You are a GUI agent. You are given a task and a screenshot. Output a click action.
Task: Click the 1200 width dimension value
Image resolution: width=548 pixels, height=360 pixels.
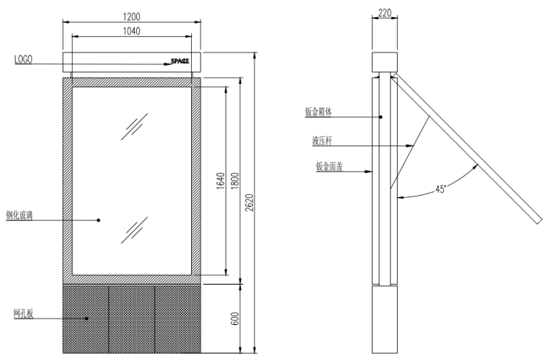[x=131, y=16]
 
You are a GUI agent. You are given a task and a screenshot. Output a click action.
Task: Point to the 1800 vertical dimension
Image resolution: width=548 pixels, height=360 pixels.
[x=235, y=181]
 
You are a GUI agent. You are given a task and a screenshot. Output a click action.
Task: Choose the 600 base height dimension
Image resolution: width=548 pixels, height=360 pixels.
[x=235, y=319]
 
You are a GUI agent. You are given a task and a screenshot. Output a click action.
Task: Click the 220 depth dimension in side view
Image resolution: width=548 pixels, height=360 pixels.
[x=384, y=13]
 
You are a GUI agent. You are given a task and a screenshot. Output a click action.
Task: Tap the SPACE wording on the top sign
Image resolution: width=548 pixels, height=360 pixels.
[x=180, y=60]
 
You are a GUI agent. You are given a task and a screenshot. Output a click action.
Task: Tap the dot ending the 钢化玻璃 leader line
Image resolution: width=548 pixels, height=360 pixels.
[x=99, y=220]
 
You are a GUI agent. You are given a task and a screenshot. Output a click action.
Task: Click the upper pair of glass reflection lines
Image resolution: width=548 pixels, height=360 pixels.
[x=139, y=125]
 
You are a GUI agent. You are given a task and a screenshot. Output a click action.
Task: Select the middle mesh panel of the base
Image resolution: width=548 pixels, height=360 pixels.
[x=132, y=318]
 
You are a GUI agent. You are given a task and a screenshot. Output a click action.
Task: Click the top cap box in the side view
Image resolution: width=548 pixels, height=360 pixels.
[x=384, y=62]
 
